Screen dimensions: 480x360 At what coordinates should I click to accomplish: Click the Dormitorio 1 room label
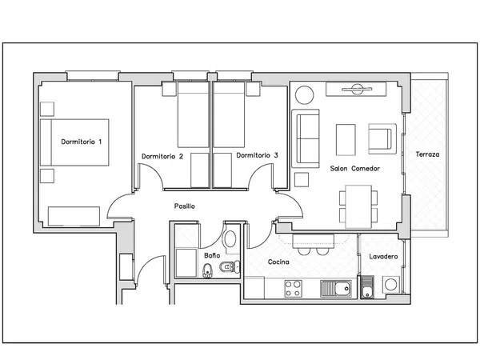[x=81, y=142]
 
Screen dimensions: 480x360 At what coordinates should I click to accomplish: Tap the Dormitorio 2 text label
[x=162, y=157]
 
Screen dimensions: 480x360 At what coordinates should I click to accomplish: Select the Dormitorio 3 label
[x=257, y=155]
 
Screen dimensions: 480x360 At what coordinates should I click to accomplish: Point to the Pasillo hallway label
[x=184, y=206]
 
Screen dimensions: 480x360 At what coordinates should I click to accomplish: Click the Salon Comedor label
[x=354, y=168]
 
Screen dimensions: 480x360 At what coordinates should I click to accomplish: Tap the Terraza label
[x=427, y=154]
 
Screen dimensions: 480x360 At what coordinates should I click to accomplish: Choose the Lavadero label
[x=383, y=257]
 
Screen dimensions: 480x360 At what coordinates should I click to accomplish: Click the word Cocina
[x=278, y=262]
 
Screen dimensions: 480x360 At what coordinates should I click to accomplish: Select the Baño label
[x=212, y=255]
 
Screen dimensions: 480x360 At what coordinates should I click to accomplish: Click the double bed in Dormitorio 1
[x=74, y=142]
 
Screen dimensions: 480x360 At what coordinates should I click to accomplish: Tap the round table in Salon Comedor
[x=304, y=95]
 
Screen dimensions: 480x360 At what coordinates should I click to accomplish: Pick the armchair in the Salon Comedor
[x=382, y=138]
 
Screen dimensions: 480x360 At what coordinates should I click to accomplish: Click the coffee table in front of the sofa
[x=346, y=139]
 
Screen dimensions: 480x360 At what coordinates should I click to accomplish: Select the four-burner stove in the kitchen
[x=294, y=289]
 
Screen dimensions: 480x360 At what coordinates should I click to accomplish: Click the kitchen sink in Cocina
[x=336, y=289]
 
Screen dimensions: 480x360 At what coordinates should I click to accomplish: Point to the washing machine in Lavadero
[x=391, y=284]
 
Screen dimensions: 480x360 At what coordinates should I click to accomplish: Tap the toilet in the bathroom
[x=230, y=267]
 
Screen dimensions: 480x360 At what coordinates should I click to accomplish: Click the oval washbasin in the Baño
[x=230, y=238]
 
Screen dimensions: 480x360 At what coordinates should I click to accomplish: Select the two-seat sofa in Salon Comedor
[x=306, y=138]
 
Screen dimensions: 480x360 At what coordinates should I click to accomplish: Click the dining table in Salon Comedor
[x=358, y=206]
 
